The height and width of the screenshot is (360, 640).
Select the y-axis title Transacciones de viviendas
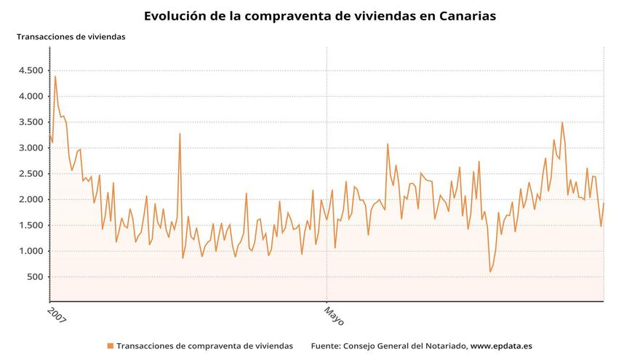click(x=71, y=36)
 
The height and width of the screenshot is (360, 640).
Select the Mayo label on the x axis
click(x=333, y=316)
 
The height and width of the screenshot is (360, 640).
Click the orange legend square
click(x=111, y=346)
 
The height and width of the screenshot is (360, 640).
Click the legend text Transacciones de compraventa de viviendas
click(x=204, y=346)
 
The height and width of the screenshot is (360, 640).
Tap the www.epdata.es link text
click(x=501, y=346)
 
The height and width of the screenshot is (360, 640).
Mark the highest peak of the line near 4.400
click(x=55, y=76)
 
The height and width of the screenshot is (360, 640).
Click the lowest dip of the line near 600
click(x=490, y=272)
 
